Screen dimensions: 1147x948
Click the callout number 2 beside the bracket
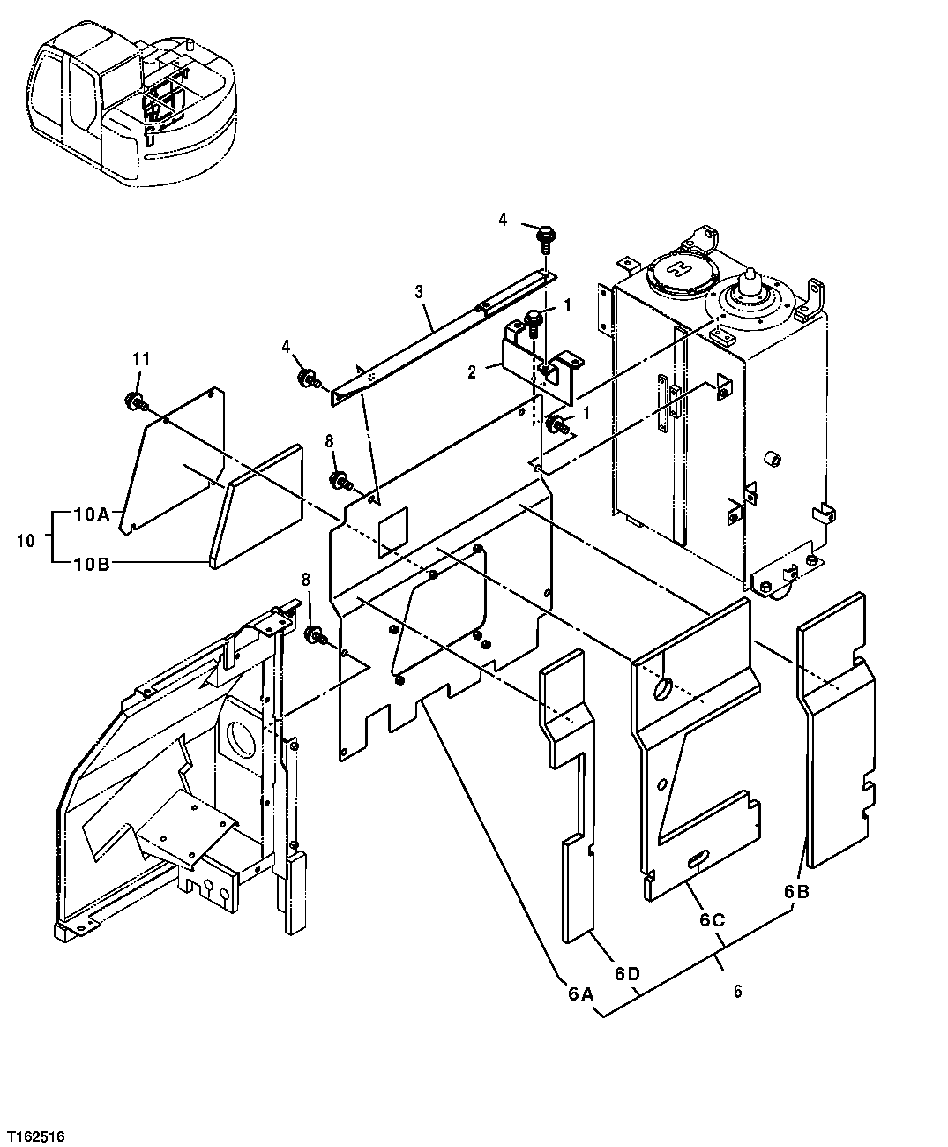473,372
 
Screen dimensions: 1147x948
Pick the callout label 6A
579,993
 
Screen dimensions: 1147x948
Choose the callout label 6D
628,973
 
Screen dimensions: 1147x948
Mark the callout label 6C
713,919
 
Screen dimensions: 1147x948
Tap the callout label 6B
796,892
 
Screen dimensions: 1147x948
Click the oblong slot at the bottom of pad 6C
701,857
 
